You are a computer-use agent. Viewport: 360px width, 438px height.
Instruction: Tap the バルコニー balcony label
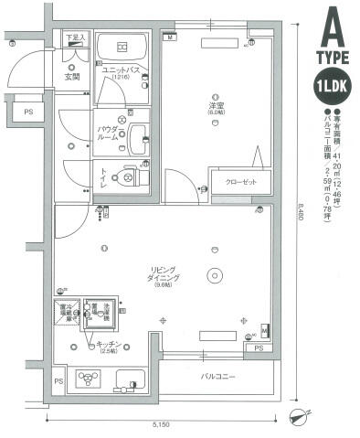click(216, 375)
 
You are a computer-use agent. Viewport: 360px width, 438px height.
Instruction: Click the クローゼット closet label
click(237, 181)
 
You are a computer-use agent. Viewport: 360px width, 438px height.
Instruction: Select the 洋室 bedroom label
click(216, 108)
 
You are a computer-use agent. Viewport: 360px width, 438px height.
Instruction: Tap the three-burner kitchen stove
click(88, 379)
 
